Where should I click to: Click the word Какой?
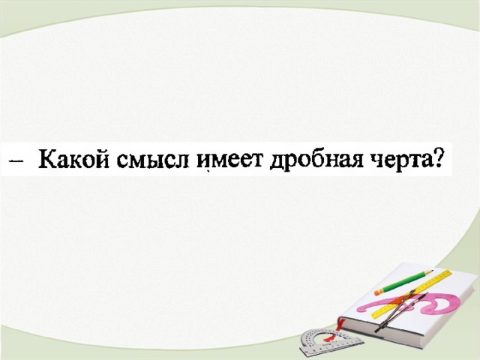tap(73, 159)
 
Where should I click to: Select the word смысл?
tap(153, 160)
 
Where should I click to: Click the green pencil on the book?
tap(403, 282)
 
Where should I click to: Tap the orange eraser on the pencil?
tap(379, 292)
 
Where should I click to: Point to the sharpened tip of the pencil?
tap(431, 271)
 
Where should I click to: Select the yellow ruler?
tap(412, 295)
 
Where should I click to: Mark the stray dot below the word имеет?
tap(208, 172)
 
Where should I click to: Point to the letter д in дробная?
tap(277, 162)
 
